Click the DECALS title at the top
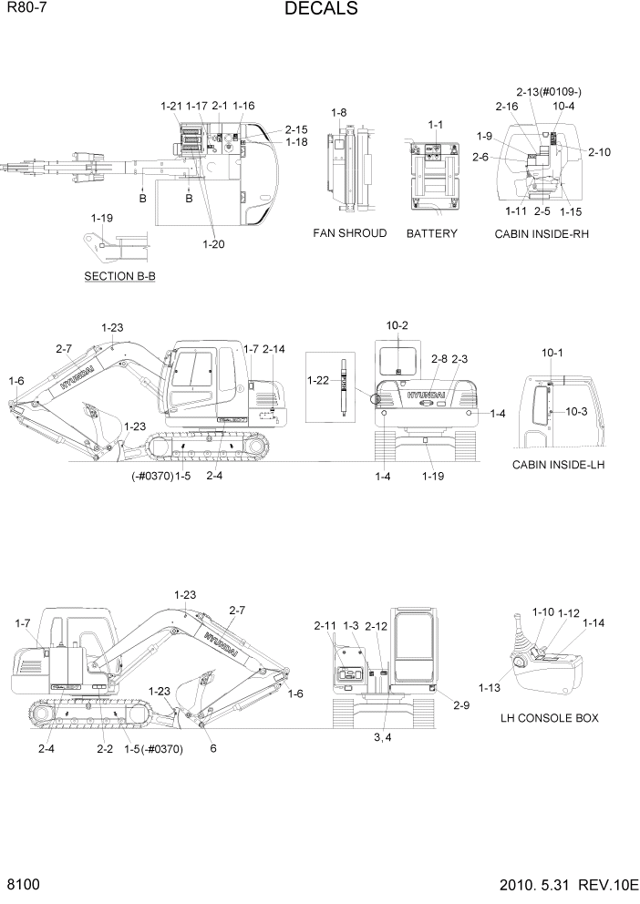click(x=320, y=10)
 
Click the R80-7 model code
click(x=26, y=9)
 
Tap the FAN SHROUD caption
click(x=349, y=233)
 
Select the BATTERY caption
click(x=432, y=233)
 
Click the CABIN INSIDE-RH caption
click(x=542, y=233)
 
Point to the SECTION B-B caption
click(x=119, y=275)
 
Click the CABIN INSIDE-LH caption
click(x=559, y=466)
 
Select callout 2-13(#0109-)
click(x=548, y=92)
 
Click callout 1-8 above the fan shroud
click(x=338, y=112)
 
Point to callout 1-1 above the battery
click(x=436, y=124)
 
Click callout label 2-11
click(x=325, y=626)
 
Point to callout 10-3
click(x=577, y=412)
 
